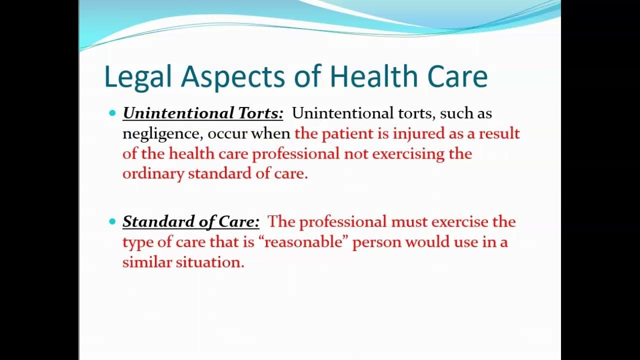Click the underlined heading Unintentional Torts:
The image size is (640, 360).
[202, 113]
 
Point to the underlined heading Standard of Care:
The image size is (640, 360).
[191, 221]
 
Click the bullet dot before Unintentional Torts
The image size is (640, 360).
[112, 113]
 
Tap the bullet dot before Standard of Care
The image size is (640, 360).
[112, 221]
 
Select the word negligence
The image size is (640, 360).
[162, 134]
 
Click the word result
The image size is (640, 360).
[499, 133]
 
